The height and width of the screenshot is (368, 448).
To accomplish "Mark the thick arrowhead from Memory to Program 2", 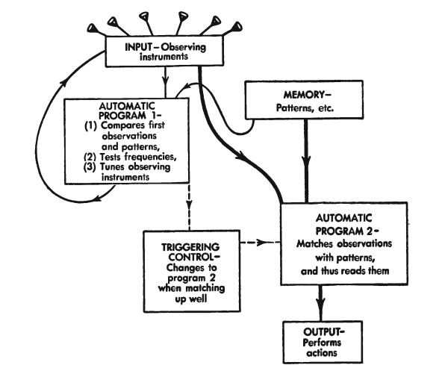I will point(306,167).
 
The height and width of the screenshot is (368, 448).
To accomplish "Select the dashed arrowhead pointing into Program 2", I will point(274,243).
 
